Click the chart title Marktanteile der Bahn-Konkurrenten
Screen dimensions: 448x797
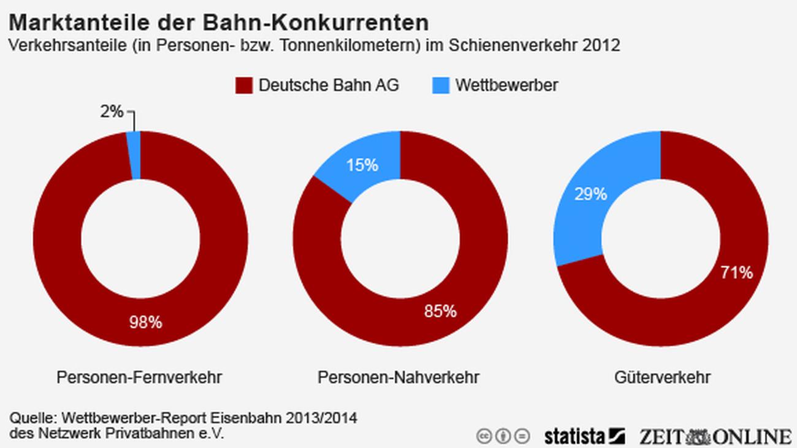[x=218, y=23]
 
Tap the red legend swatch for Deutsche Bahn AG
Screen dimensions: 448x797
[x=244, y=85]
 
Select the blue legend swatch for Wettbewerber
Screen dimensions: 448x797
[x=441, y=85]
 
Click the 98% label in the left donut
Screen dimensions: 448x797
[x=145, y=322]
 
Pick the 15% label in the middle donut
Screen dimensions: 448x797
[x=362, y=165]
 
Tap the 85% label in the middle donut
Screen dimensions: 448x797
[x=440, y=311]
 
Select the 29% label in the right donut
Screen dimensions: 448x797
[x=590, y=194]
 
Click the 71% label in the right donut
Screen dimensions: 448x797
[x=736, y=272]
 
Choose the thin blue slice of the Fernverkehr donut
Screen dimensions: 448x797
[x=134, y=155]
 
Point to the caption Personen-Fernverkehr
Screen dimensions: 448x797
[x=139, y=378]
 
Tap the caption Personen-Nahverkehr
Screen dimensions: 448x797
[x=398, y=378]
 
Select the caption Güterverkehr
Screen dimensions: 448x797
[x=662, y=378]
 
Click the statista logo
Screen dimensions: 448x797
[x=584, y=436]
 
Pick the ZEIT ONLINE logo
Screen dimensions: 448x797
[x=714, y=436]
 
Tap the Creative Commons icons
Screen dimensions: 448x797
[x=503, y=436]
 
